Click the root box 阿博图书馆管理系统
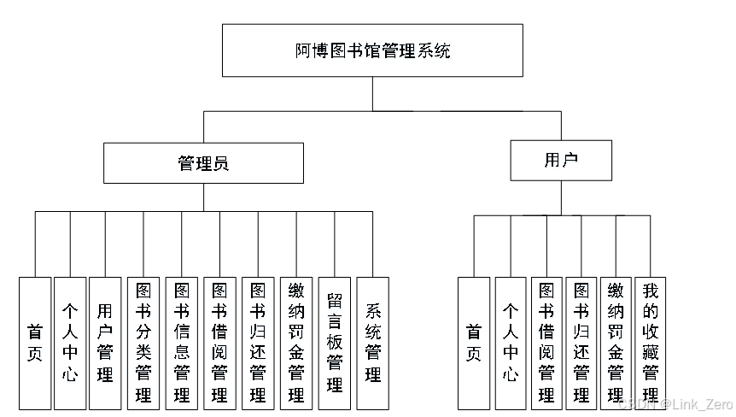tap(372, 50)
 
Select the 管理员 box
tap(203, 163)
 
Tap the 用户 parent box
tap(561, 160)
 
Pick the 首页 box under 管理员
tap(35, 344)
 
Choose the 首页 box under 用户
tap(474, 344)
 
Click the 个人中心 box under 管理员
tap(70, 344)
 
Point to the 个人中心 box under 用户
tap(511, 344)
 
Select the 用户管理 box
tap(105, 344)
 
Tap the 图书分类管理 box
tap(143, 344)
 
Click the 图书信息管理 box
tap(182, 344)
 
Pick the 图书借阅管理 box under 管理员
tap(219, 344)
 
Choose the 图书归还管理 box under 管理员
tap(258, 344)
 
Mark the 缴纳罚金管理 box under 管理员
tap(296, 344)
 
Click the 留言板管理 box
tap(334, 344)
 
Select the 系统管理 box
tap(372, 344)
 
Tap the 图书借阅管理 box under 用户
tap(546, 344)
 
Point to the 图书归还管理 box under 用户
tap(581, 344)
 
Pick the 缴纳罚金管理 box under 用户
tap(616, 344)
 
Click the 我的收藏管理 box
tap(650, 344)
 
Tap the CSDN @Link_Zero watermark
tap(676, 404)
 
